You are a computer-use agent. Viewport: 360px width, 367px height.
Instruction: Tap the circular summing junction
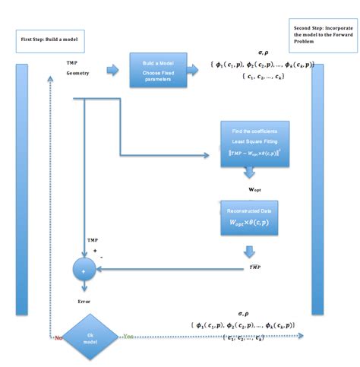pos(84,269)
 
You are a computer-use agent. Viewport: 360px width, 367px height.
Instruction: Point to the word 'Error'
pos(84,302)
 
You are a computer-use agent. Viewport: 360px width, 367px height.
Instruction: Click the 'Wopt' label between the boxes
pos(256,187)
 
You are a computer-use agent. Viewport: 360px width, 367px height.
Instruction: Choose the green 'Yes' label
pos(129,336)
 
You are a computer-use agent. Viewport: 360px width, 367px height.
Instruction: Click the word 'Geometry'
pos(77,74)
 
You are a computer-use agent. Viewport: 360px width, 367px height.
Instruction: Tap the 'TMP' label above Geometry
pos(71,62)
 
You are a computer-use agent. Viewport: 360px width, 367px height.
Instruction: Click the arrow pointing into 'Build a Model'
pos(112,71)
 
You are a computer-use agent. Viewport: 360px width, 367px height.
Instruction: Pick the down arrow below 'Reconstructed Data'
pos(249,251)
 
